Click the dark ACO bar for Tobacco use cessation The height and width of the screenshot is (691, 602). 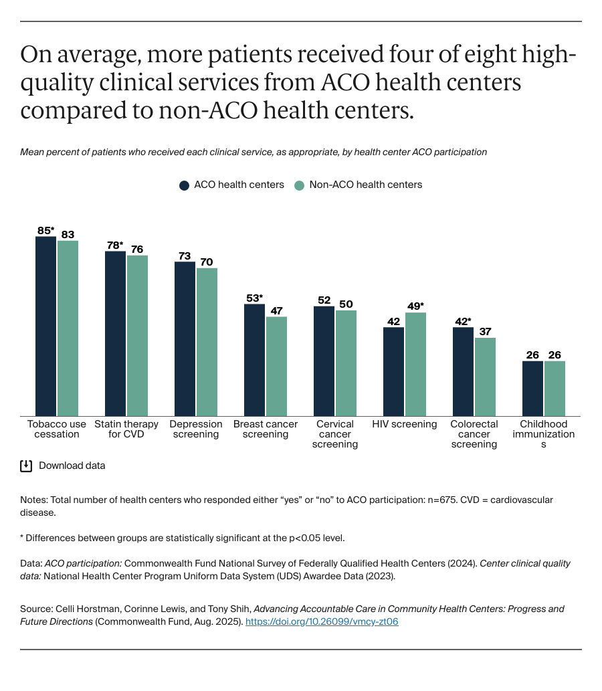coord(45,326)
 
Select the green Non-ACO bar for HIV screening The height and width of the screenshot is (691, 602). coord(415,365)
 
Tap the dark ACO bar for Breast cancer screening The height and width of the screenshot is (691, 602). coord(254,361)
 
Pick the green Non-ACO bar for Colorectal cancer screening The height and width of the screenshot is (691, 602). coord(485,377)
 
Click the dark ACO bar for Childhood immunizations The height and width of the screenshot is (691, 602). coord(532,389)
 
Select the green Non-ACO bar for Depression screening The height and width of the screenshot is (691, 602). coord(207,342)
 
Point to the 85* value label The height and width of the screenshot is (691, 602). coord(45,231)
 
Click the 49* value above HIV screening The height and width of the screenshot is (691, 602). coord(416,306)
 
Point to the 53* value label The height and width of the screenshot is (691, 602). coord(255,298)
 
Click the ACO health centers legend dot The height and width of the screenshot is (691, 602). coord(184,185)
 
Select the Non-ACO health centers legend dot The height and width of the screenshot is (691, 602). coord(300,185)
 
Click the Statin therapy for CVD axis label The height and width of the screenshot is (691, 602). coord(126,429)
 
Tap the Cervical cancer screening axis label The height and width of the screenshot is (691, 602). coord(334,433)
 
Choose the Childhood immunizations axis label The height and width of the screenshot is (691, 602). coord(543,433)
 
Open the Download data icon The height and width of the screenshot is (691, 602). coord(26,466)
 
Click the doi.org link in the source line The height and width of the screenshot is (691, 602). coord(322,621)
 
